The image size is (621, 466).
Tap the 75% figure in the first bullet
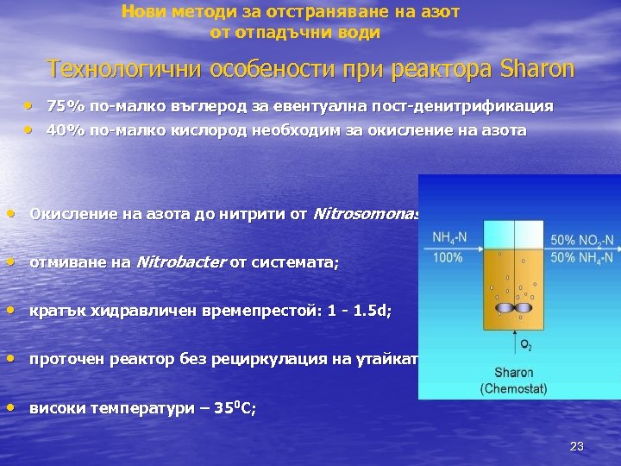pyautogui.click(x=62, y=107)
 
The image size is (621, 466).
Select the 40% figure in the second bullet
pyautogui.click(x=62, y=130)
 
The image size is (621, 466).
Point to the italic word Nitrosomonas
pyautogui.click(x=367, y=214)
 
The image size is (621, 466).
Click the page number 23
pyautogui.click(x=577, y=446)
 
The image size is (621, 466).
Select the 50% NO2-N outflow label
pyautogui.click(x=582, y=240)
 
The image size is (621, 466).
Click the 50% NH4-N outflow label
pyautogui.click(x=582, y=257)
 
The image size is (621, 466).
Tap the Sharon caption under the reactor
pyautogui.click(x=514, y=374)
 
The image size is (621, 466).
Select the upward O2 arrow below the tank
pyautogui.click(x=514, y=337)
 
